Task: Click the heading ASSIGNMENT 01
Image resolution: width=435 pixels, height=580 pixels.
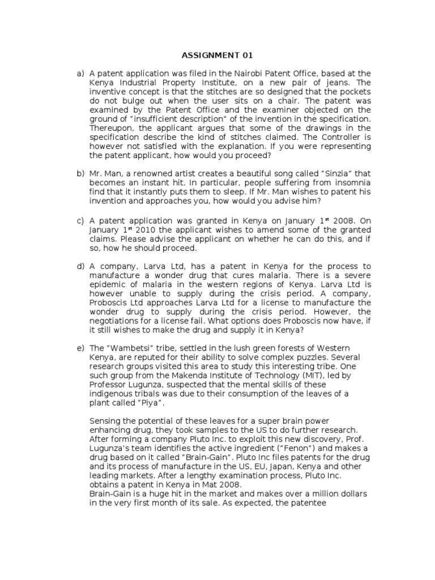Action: (217, 56)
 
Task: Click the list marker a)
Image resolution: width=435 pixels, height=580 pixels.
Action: (80, 74)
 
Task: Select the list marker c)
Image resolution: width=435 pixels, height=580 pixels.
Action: (80, 220)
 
